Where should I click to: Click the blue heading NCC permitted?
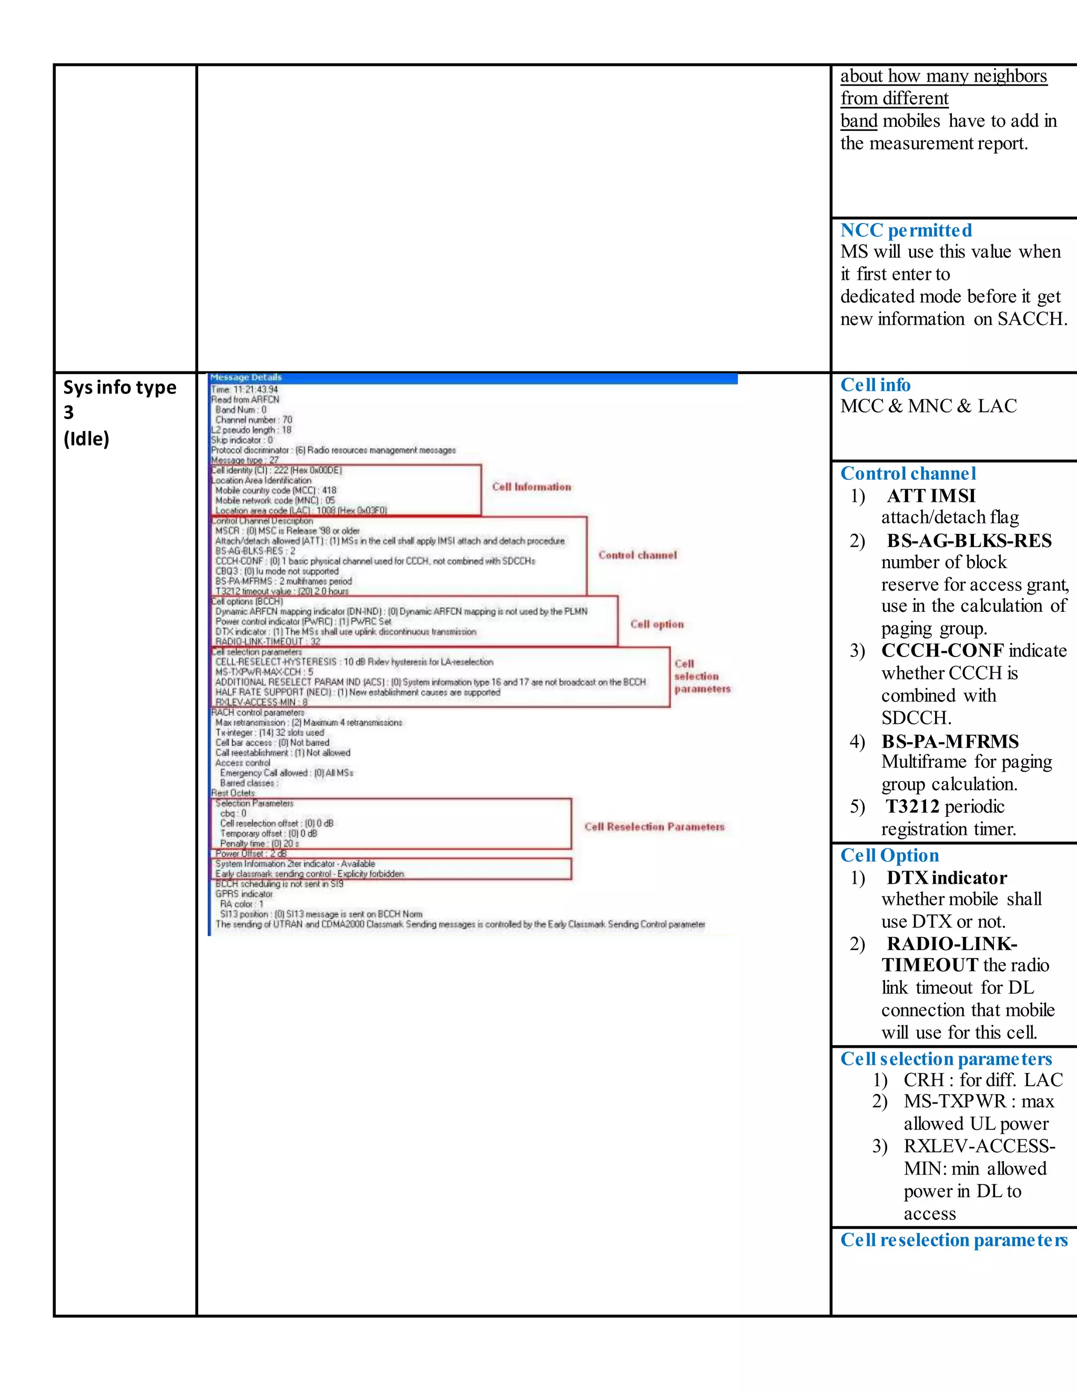pos(906,230)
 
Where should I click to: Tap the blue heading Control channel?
pos(908,473)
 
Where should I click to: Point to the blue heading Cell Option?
pos(889,855)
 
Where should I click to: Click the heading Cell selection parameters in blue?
pos(946,1059)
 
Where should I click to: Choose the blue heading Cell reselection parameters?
pos(953,1240)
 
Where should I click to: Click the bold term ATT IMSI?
pos(931,496)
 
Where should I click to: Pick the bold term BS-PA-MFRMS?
pos(950,742)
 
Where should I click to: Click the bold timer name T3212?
pos(912,807)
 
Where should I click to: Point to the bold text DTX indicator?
pos(947,878)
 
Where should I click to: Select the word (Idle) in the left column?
pos(86,439)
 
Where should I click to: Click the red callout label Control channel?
pos(637,555)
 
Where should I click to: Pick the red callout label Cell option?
pos(656,624)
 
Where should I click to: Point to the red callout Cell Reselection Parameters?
pos(654,826)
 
